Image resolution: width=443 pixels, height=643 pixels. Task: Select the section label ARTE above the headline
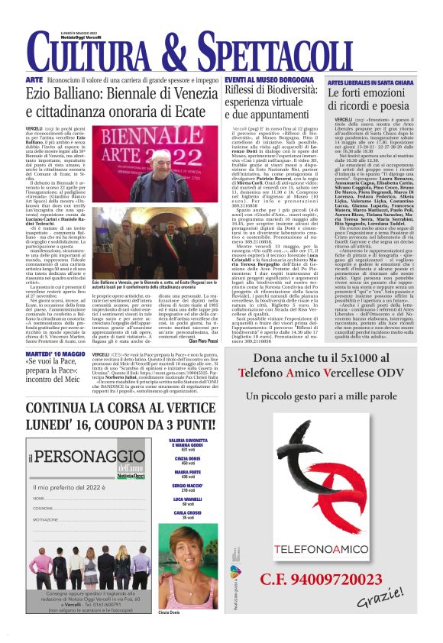coord(34,80)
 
